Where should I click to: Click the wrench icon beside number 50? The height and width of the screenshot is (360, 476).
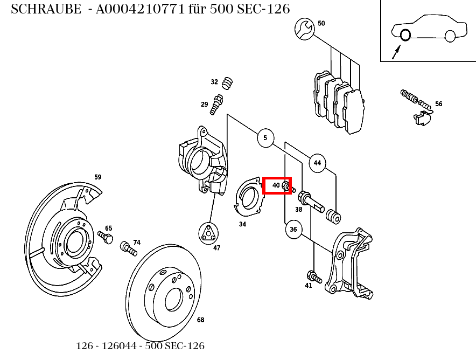(x=304, y=29)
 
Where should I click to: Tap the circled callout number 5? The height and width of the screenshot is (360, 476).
(x=265, y=138)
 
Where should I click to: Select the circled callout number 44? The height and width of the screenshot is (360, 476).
(x=317, y=163)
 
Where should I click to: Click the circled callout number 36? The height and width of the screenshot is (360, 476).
(x=293, y=230)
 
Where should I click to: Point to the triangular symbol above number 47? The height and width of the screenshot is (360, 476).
(x=208, y=233)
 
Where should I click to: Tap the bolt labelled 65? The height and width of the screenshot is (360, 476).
(x=106, y=237)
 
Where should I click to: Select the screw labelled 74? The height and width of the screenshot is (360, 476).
(x=128, y=248)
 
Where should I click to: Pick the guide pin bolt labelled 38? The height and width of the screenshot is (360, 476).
(x=311, y=201)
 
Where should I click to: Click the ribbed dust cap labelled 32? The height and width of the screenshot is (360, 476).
(x=227, y=83)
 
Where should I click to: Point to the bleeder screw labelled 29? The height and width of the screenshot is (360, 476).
(x=216, y=104)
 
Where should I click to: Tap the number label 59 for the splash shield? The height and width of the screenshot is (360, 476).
(x=98, y=177)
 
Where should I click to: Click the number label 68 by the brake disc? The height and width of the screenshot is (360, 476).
(x=200, y=320)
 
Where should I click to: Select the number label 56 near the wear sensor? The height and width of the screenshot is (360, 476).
(x=439, y=104)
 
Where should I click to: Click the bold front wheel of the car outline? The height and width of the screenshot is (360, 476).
(x=405, y=34)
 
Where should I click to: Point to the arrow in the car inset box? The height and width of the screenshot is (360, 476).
(x=396, y=52)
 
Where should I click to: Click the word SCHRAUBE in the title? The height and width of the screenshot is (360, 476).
(x=46, y=9)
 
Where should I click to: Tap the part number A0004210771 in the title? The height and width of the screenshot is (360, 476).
(x=140, y=9)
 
